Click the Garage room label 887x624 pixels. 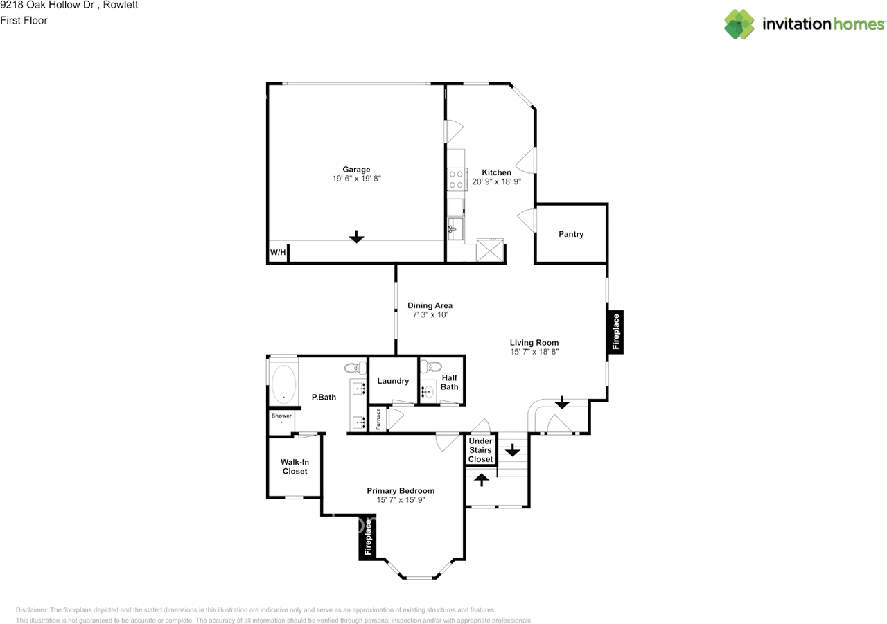[x=356, y=170]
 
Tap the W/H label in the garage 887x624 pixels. [x=278, y=253]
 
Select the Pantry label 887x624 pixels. [x=571, y=234]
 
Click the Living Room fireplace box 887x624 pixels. [x=615, y=333]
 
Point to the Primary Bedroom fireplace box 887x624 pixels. [x=368, y=537]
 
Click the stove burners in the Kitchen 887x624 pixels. [x=456, y=180]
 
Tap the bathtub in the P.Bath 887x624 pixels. [x=283, y=384]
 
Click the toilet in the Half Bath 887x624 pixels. [x=433, y=366]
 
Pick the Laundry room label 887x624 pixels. [x=393, y=381]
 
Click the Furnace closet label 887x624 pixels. [x=378, y=420]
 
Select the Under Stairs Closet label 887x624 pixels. [x=480, y=450]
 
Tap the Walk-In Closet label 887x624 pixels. [x=295, y=466]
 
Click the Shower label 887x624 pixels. [x=281, y=416]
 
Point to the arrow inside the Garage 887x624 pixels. [x=356, y=238]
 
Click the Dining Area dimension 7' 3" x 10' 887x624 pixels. [x=430, y=315]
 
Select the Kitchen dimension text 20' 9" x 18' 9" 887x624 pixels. [x=496, y=181]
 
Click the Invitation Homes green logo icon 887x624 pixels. [x=740, y=24]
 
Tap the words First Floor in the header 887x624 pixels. [x=24, y=21]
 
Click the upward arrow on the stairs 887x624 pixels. [x=481, y=478]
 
